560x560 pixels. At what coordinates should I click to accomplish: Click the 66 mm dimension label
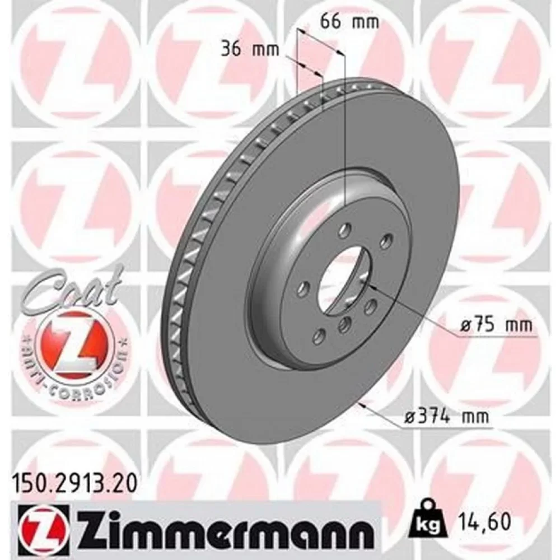349,22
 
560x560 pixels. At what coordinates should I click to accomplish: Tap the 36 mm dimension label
250,49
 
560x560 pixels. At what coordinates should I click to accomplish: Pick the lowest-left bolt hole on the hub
320,336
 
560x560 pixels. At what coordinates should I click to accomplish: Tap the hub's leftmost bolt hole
304,289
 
